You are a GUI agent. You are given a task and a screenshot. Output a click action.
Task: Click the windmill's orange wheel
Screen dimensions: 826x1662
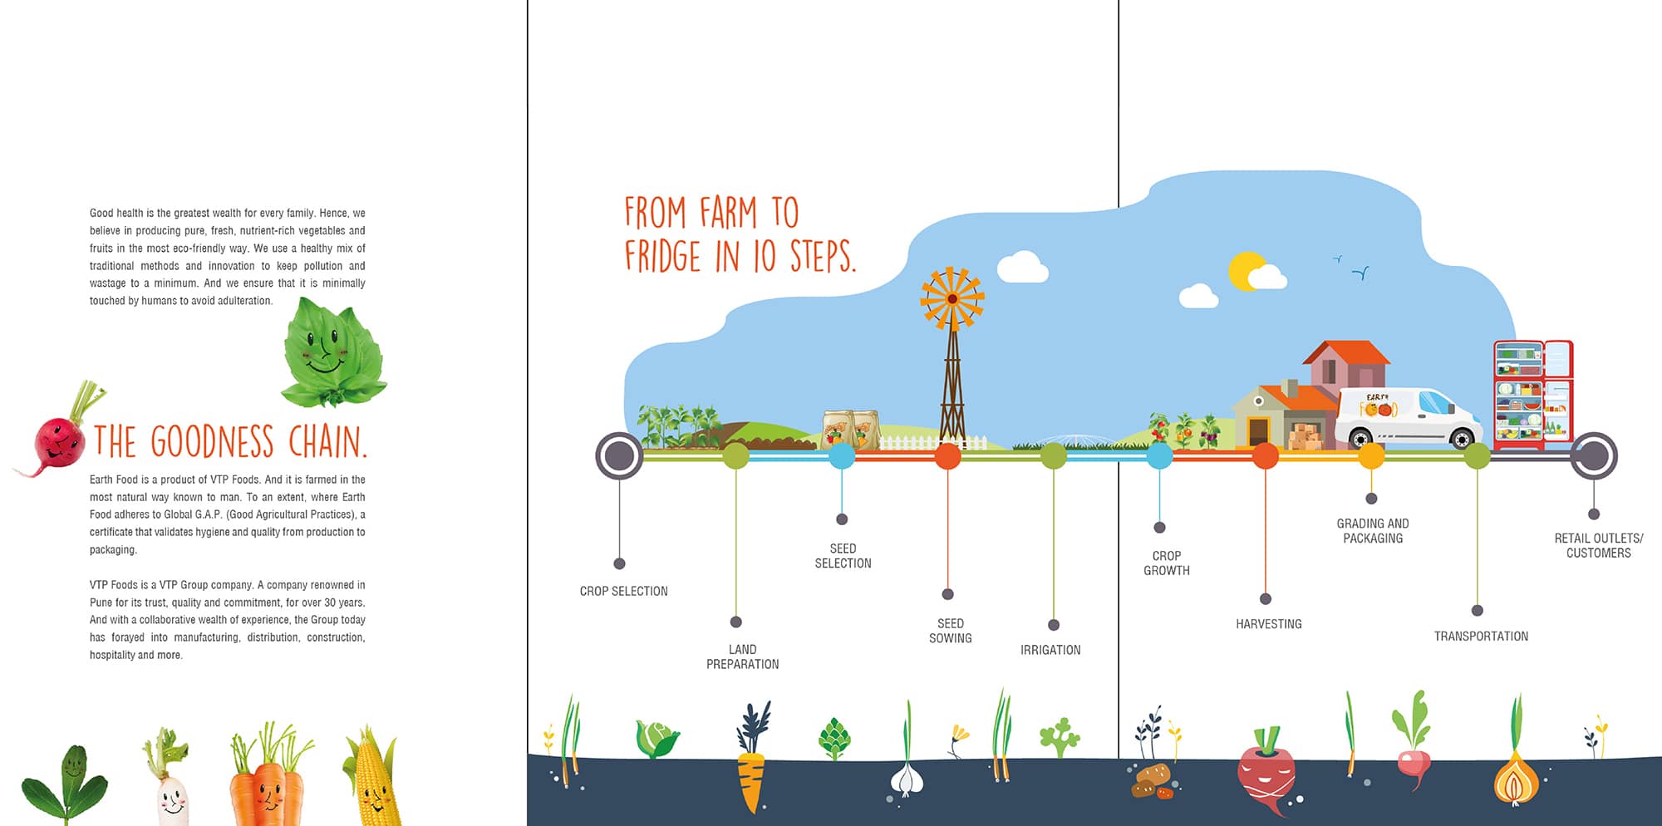click(x=952, y=298)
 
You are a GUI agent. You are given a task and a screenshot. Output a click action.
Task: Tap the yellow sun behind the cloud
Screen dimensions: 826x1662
click(x=1245, y=269)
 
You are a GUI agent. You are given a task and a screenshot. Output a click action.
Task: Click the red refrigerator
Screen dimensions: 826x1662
click(x=1532, y=394)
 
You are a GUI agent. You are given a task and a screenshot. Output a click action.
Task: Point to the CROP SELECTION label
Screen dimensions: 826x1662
click(x=623, y=591)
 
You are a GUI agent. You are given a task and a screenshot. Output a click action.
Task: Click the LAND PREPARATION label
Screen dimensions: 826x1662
click(x=742, y=656)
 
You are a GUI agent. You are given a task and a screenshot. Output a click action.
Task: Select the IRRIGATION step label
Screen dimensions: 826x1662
click(x=1050, y=650)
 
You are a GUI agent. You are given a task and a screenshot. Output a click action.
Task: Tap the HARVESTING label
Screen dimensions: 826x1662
click(x=1268, y=624)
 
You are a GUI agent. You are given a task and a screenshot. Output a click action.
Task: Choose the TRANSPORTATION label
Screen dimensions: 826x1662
click(x=1481, y=637)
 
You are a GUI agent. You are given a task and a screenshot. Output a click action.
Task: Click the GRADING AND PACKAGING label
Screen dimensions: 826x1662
click(x=1373, y=531)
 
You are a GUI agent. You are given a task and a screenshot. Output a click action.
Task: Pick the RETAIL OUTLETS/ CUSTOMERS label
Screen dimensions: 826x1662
click(x=1598, y=545)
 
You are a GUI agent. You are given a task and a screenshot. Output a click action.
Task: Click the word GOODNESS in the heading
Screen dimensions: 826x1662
click(x=212, y=441)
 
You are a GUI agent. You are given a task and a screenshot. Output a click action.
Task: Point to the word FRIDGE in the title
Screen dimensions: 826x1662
click(x=662, y=256)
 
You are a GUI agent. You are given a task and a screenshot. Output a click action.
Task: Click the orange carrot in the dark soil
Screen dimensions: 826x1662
click(x=750, y=781)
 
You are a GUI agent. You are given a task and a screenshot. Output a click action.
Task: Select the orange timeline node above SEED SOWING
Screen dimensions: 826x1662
click(x=947, y=455)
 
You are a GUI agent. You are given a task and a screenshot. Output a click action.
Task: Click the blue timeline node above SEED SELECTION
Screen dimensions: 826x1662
click(x=842, y=455)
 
